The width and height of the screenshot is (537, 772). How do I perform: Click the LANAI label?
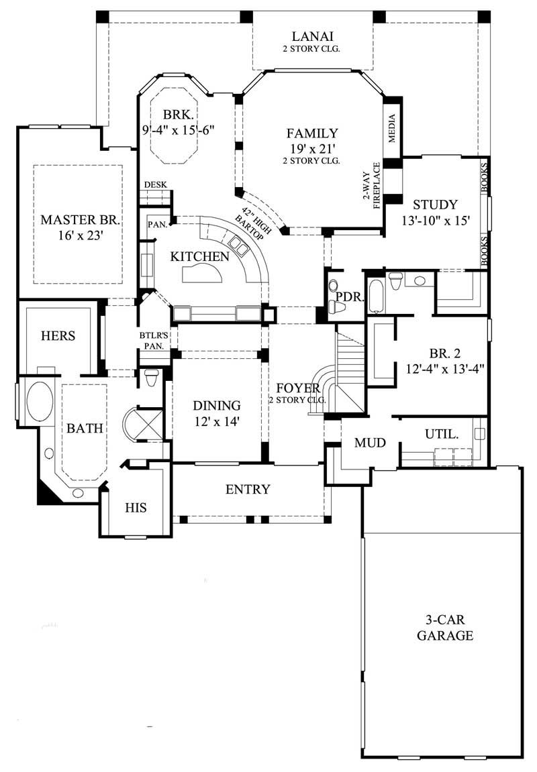(312, 36)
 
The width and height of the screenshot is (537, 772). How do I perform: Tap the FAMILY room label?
(312, 133)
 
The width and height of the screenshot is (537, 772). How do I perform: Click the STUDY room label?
(435, 205)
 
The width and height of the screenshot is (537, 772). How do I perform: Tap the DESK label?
(155, 185)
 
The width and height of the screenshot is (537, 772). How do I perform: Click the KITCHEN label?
(199, 256)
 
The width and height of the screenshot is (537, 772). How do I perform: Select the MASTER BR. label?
(80, 219)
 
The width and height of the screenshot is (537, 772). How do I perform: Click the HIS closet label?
(136, 508)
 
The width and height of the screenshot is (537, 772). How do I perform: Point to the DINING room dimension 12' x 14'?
(217, 421)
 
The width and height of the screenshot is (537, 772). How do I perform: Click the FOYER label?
(297, 387)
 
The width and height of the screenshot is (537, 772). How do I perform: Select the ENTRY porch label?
(247, 489)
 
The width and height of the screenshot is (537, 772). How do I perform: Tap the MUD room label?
(369, 443)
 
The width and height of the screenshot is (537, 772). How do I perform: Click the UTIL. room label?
(442, 434)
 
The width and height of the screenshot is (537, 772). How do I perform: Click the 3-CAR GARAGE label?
(444, 627)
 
